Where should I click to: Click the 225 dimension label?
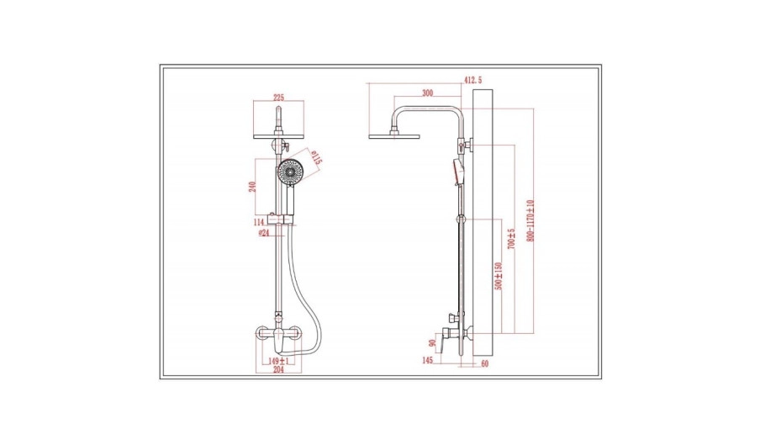click(x=278, y=98)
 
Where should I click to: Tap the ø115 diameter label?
click(x=315, y=158)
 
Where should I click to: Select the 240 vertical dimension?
click(x=252, y=187)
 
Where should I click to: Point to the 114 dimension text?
click(x=259, y=222)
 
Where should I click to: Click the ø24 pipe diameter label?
click(x=264, y=233)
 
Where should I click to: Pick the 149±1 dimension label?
click(x=279, y=361)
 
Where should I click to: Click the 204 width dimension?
click(x=278, y=370)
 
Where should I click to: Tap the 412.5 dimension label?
click(x=473, y=80)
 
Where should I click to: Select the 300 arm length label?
click(x=427, y=93)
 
